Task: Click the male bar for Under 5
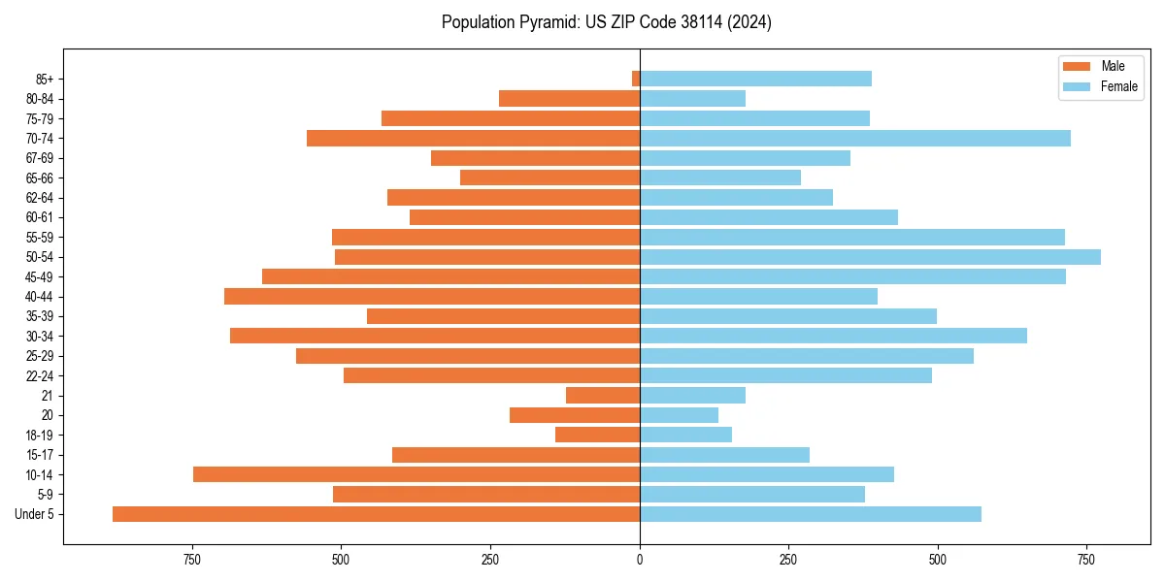pyautogui.click(x=376, y=514)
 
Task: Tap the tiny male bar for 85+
pyautogui.click(x=636, y=79)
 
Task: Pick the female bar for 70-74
pyautogui.click(x=855, y=139)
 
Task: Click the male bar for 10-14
pyautogui.click(x=416, y=474)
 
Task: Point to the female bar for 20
pyautogui.click(x=680, y=415)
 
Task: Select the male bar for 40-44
pyautogui.click(x=432, y=297)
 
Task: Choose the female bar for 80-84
pyautogui.click(x=693, y=99)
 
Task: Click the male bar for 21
pyautogui.click(x=603, y=396)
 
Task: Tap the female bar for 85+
pyautogui.click(x=755, y=79)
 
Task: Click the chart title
pyautogui.click(x=606, y=22)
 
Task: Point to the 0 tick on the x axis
pyautogui.click(x=640, y=560)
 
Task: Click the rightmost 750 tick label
pyautogui.click(x=1086, y=560)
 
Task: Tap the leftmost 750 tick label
pyautogui.click(x=192, y=560)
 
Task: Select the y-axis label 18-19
pyautogui.click(x=40, y=436)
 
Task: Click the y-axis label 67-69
pyautogui.click(x=40, y=158)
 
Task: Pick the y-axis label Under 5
pyautogui.click(x=35, y=514)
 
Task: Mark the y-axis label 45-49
pyautogui.click(x=40, y=276)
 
